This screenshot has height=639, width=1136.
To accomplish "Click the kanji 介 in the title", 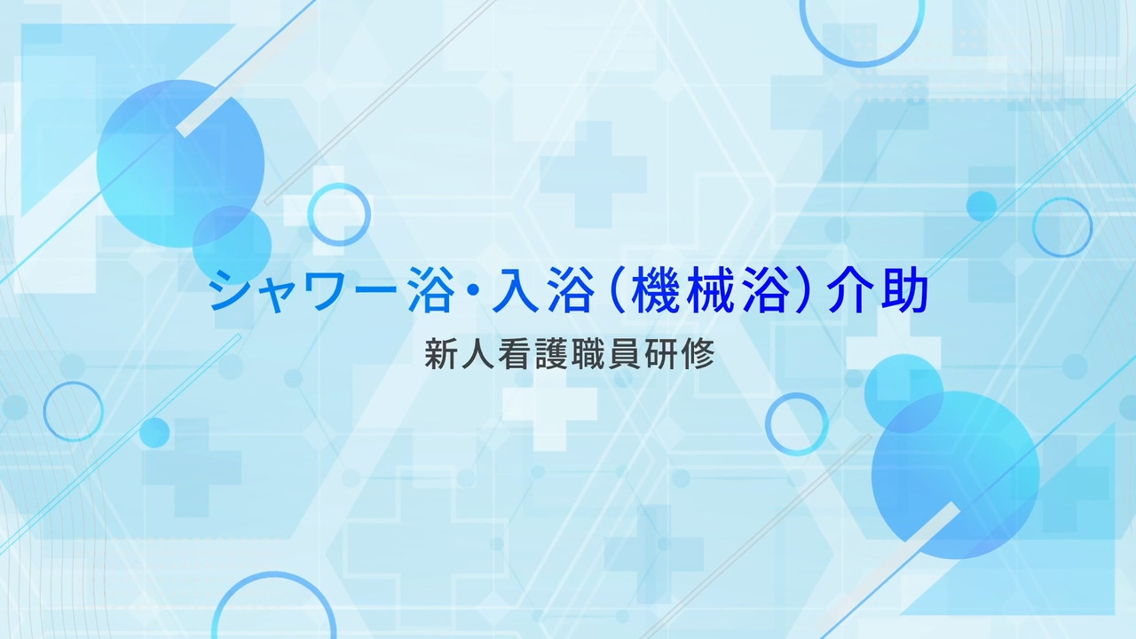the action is [849, 289].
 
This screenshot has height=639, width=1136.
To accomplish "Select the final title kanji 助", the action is [904, 289].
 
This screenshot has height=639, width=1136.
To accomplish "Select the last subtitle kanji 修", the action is [698, 353].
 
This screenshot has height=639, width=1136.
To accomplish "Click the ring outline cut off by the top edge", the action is [862, 64].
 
